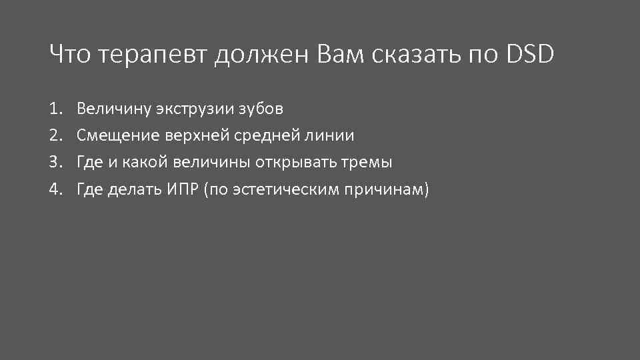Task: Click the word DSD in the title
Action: point(530,55)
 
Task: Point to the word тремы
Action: point(369,163)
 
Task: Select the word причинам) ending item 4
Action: point(387,190)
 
